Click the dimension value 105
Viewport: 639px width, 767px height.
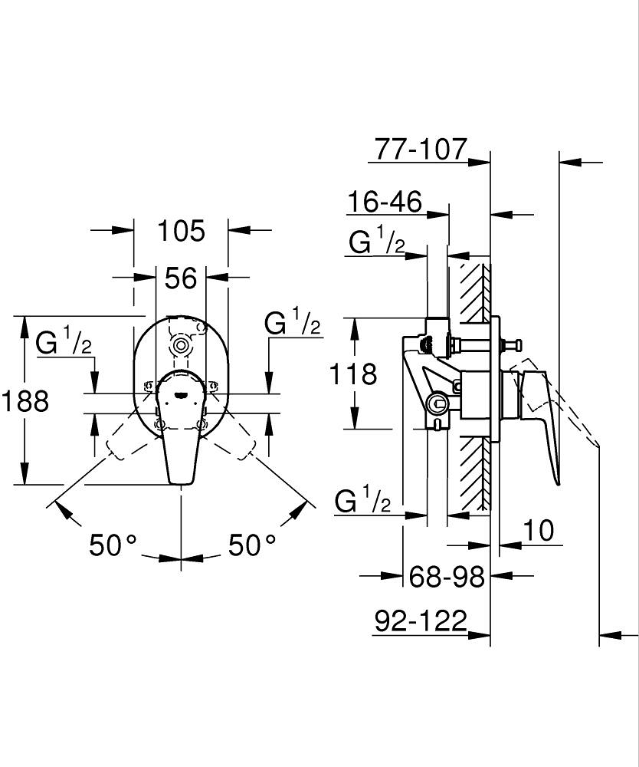(x=181, y=230)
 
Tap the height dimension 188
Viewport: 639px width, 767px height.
(x=24, y=400)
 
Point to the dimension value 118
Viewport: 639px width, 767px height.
(x=353, y=374)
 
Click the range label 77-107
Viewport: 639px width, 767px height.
(x=419, y=148)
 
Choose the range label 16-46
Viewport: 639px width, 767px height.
(x=384, y=202)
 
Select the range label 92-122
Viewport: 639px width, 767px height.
(x=421, y=621)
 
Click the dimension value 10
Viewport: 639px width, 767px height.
(x=539, y=530)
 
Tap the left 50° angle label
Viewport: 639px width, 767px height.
(x=113, y=545)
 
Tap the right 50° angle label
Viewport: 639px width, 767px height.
(x=252, y=545)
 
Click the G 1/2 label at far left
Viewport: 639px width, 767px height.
(x=64, y=343)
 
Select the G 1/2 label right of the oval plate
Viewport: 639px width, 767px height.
(x=292, y=323)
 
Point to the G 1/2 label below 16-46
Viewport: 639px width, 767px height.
(x=376, y=243)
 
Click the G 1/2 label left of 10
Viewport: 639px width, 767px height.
(x=363, y=502)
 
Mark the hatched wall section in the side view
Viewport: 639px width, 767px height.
(x=473, y=383)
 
